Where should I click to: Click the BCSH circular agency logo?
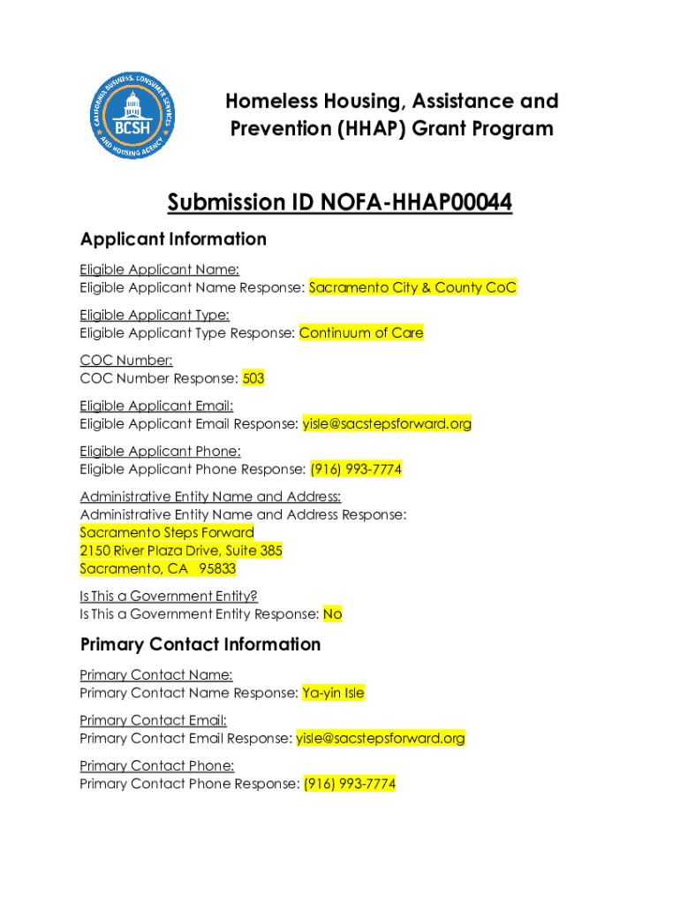point(136,116)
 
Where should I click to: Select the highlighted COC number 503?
point(253,378)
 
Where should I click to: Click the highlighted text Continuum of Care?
point(361,333)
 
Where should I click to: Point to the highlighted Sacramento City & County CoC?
point(412,287)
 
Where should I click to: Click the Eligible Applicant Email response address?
point(387,424)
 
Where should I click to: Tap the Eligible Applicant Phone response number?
point(356,469)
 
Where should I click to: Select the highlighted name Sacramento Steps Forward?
point(167,532)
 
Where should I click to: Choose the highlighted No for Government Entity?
point(332,614)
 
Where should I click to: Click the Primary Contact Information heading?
point(200,644)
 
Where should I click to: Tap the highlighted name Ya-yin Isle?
point(333,693)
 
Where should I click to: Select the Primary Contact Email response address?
point(381,738)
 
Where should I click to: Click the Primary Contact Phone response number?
point(350,784)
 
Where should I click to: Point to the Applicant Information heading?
point(173,239)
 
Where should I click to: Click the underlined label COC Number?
point(126,361)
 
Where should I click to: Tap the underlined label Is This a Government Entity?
point(169,597)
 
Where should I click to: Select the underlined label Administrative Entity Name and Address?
point(210,497)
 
